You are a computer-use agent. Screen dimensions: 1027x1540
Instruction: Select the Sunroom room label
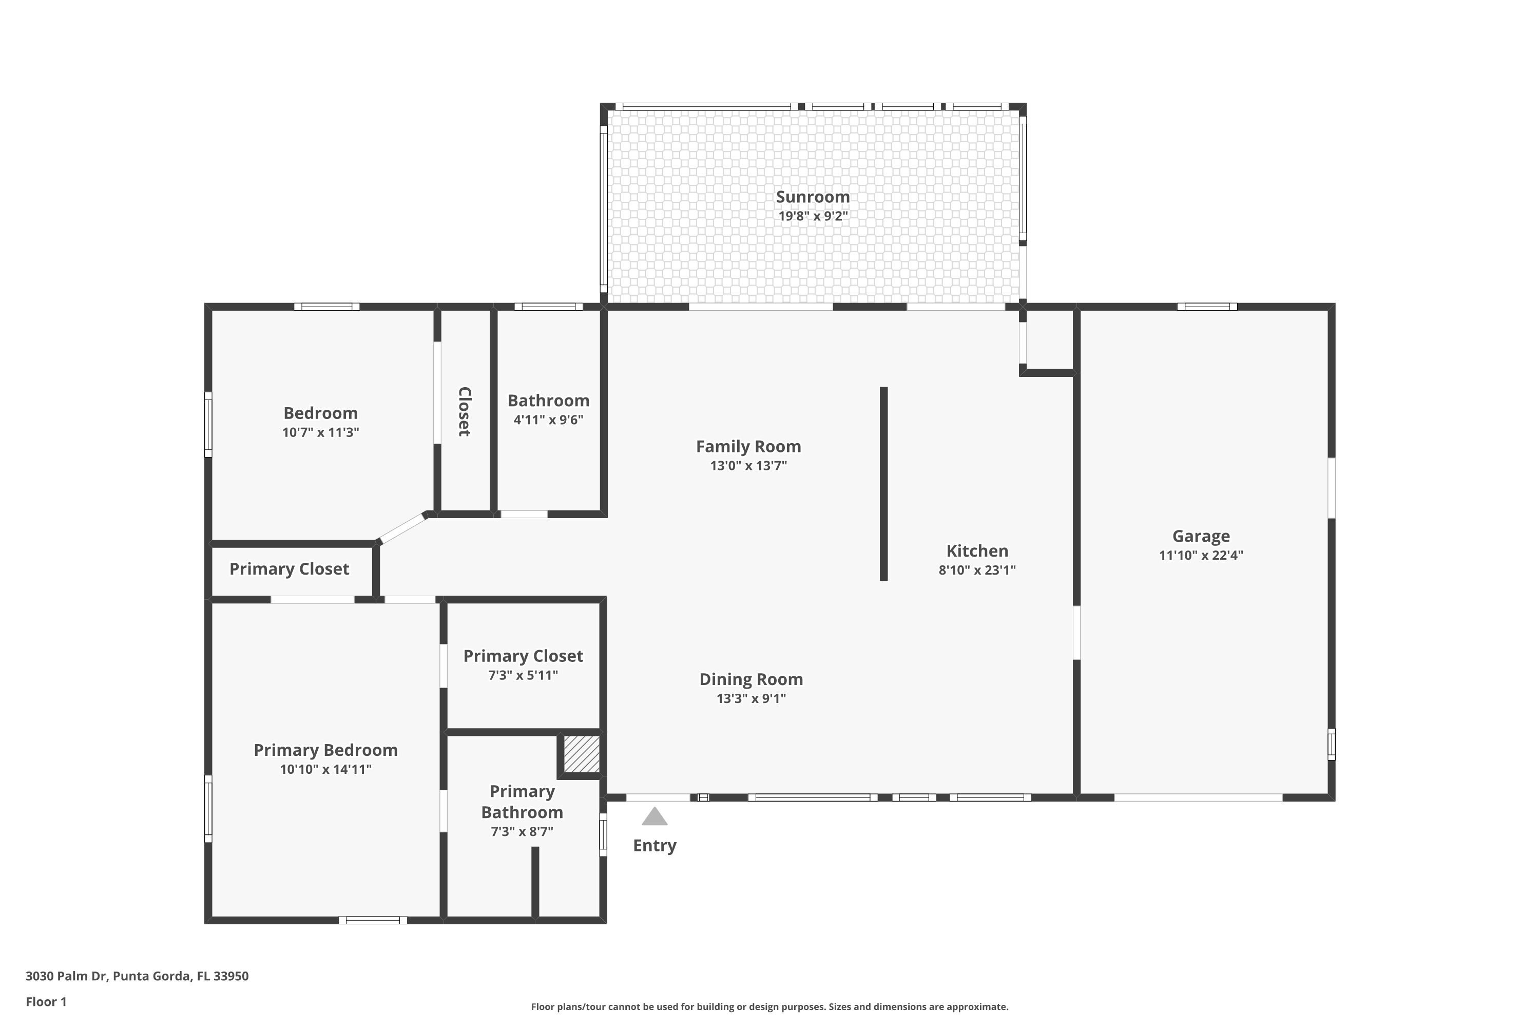pyautogui.click(x=813, y=197)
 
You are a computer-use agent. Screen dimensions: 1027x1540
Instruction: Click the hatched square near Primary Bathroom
pyautogui.click(x=582, y=754)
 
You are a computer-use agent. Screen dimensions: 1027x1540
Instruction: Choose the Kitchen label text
pyautogui.click(x=977, y=551)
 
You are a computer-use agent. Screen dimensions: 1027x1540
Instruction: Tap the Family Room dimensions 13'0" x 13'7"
pyautogui.click(x=748, y=466)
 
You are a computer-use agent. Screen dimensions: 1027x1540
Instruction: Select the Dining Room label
pyautogui.click(x=751, y=679)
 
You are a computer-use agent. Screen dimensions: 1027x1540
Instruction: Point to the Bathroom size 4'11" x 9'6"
pyautogui.click(x=548, y=420)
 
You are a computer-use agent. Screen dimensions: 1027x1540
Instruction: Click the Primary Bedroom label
pyautogui.click(x=325, y=750)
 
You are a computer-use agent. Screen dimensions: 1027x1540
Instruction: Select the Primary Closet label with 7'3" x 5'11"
pyautogui.click(x=523, y=656)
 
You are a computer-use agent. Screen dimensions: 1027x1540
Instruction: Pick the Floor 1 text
pyautogui.click(x=46, y=1001)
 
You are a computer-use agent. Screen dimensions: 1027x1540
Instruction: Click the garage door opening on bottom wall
pyautogui.click(x=1198, y=797)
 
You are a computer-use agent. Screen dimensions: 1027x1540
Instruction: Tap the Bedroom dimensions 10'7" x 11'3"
pyautogui.click(x=320, y=432)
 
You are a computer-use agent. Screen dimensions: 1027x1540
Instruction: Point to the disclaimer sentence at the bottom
pyautogui.click(x=769, y=1006)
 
